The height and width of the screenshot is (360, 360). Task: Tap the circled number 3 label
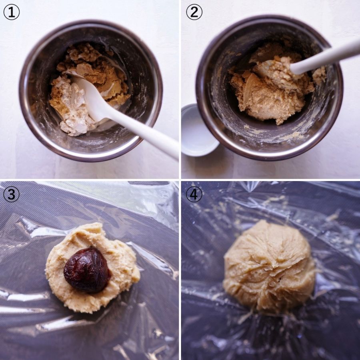11,194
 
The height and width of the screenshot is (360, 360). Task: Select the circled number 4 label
194,194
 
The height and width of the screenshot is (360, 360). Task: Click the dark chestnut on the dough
87,270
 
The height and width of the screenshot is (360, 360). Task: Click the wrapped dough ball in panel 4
269,266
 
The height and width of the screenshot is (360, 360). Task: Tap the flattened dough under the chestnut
92,268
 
